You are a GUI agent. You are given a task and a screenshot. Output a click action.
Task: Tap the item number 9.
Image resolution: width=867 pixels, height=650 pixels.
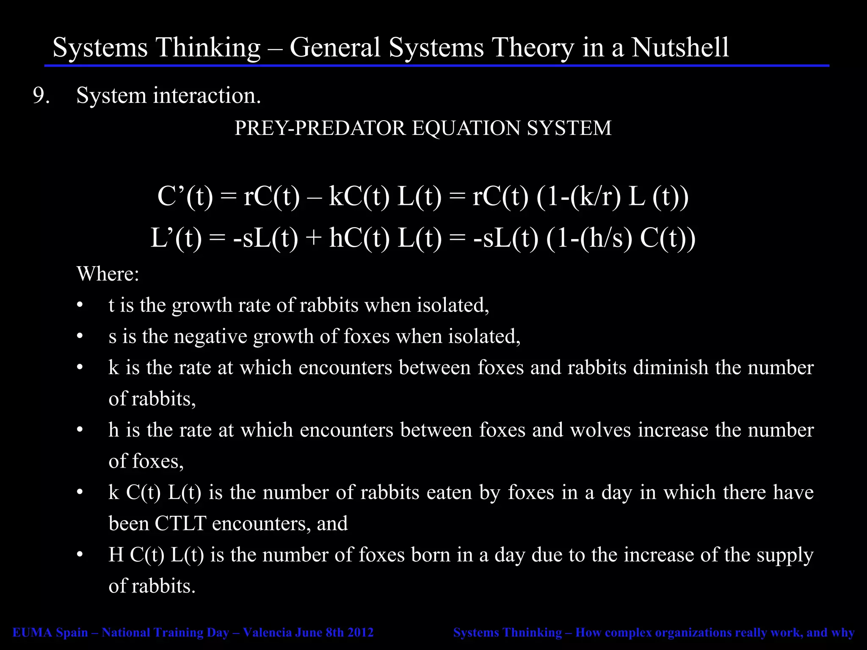tap(41, 96)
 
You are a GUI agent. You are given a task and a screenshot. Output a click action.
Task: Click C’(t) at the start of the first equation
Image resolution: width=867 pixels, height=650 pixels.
tap(185, 197)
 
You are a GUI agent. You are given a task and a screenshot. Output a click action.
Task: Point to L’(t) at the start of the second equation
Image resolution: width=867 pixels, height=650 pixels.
tap(176, 238)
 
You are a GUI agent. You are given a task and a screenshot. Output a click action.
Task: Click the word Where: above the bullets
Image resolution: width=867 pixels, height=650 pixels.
tap(108, 274)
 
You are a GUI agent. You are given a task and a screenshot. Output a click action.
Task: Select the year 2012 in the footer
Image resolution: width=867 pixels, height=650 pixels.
tap(360, 633)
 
